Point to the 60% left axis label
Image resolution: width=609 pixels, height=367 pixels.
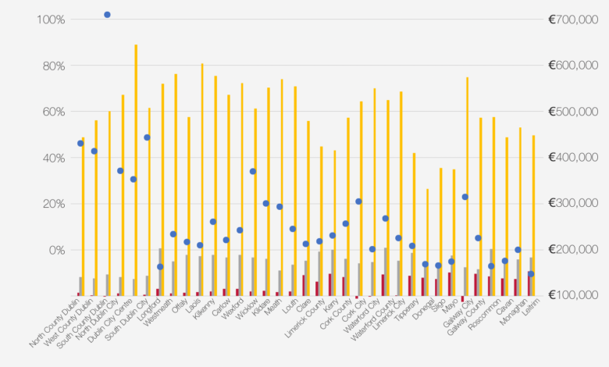click(48, 112)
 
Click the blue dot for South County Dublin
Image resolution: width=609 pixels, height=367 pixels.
click(107, 15)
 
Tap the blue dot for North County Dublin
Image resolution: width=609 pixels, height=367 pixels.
click(80, 143)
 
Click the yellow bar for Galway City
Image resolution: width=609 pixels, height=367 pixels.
click(467, 187)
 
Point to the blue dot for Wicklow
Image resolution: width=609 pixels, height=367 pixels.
click(253, 171)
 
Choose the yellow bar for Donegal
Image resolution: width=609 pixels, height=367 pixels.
click(427, 242)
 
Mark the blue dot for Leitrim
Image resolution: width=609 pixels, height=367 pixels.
click(531, 274)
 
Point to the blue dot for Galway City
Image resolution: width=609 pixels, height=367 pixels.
click(465, 197)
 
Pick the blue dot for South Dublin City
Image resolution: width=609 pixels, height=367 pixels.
click(147, 137)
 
